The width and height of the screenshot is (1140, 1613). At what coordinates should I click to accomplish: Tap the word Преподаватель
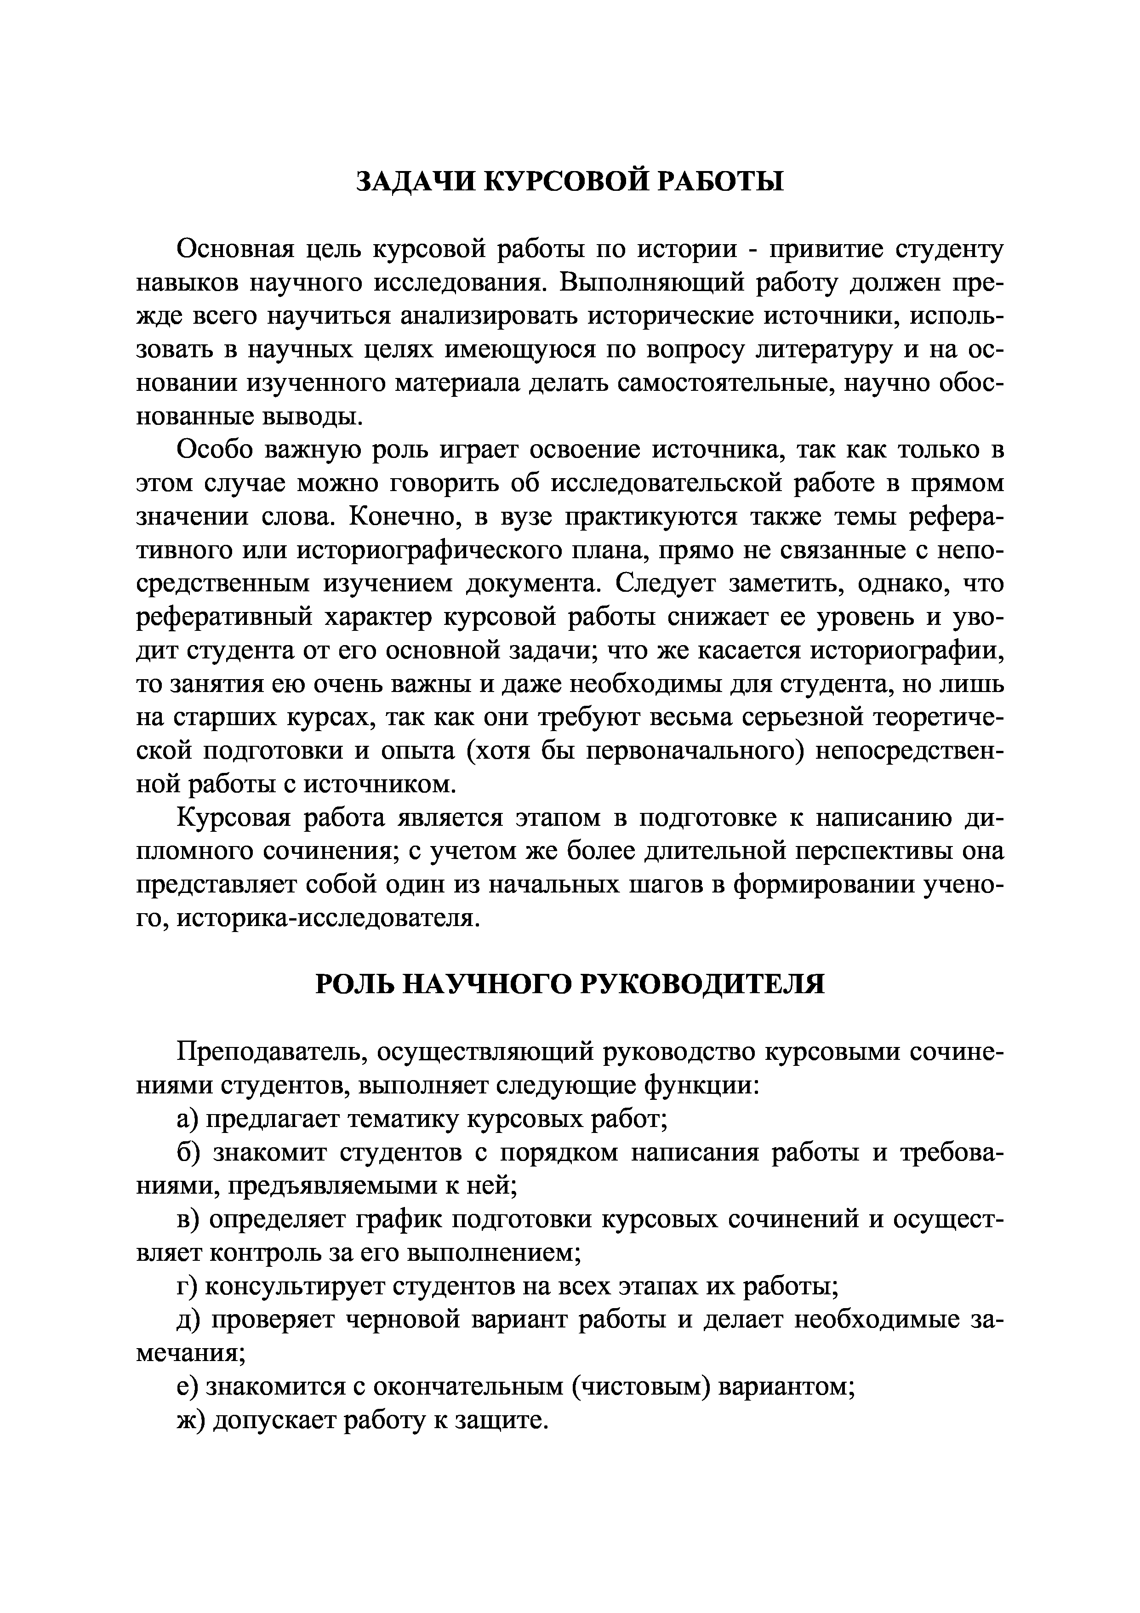(270, 1052)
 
